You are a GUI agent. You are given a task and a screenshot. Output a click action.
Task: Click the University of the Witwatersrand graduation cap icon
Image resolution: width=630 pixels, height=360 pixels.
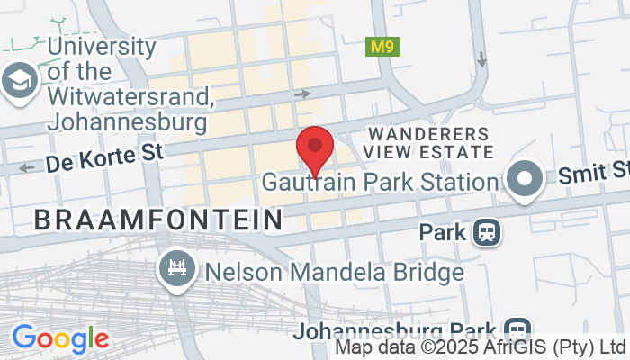tap(17, 80)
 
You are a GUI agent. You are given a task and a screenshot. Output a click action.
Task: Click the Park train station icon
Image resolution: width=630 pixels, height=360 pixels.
tap(487, 233)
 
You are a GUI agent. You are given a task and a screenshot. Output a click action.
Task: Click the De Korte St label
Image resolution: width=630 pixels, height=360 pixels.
tap(104, 159)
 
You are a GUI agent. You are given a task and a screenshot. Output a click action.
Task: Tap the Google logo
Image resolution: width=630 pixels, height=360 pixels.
tap(60, 338)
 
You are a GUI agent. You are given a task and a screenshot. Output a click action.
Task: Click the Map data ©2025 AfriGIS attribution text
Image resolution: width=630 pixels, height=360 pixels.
tap(480, 346)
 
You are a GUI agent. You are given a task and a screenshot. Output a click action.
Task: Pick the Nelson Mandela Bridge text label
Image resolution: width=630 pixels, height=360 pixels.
tap(334, 271)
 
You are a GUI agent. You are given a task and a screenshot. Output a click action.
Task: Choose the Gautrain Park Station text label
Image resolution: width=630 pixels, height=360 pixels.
tap(380, 182)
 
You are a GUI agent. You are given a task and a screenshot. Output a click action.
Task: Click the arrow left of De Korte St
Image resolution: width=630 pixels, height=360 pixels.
tap(26, 167)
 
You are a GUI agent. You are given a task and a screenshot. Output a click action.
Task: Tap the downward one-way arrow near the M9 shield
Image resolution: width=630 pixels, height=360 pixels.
tap(482, 59)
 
